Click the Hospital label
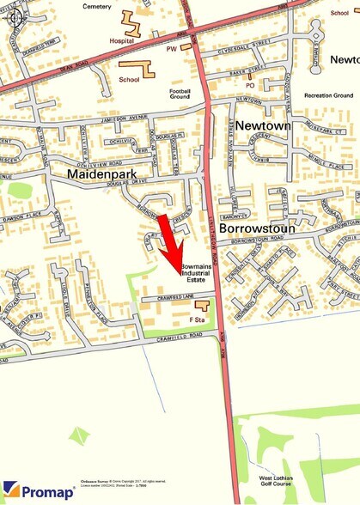[x=123, y=40]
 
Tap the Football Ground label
[x=180, y=94]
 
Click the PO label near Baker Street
[x=251, y=85]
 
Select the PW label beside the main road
[x=171, y=48]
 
